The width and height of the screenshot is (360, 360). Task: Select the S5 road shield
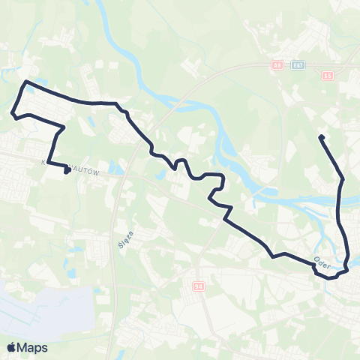(x=327, y=76)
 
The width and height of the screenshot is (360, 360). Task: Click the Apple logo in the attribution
(x=11, y=347)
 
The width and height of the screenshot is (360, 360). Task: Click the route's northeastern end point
(x=321, y=136)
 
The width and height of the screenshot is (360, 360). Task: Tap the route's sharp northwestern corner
(x=26, y=81)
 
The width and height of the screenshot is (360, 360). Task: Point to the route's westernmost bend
(x=13, y=114)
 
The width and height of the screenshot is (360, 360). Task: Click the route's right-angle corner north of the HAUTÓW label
(x=63, y=127)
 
